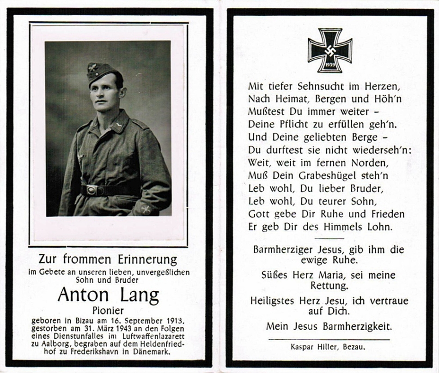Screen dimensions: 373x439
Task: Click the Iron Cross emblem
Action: [x=330, y=50]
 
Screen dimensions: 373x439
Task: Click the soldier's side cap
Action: [x=101, y=71]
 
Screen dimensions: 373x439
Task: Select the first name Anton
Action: [x=83, y=295]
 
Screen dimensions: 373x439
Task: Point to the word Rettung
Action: [x=329, y=286]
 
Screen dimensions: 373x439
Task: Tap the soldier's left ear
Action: [x=122, y=91]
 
